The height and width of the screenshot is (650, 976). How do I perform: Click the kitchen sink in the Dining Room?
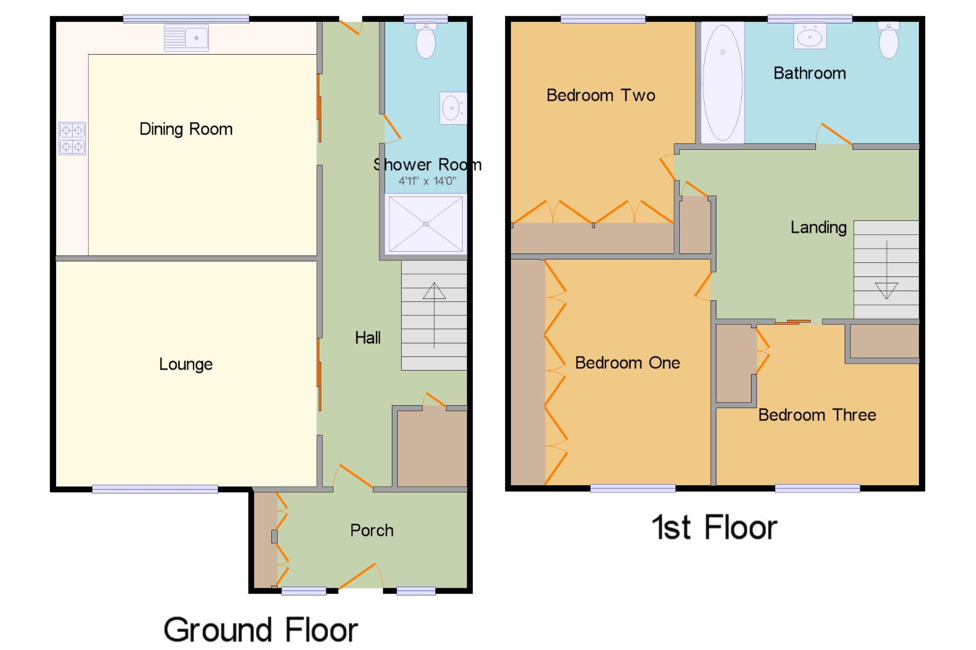186,38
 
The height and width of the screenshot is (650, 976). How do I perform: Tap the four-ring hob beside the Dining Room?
72,138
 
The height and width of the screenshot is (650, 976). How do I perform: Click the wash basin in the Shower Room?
453,108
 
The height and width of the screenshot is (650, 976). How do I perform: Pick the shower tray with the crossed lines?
426,224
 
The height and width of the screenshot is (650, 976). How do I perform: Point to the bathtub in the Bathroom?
723,82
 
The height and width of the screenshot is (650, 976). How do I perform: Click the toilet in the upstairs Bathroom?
889,40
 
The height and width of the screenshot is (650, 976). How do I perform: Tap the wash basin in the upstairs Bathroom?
810,36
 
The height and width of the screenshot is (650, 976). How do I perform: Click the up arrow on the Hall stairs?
434,315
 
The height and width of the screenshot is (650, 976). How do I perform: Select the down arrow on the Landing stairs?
887,270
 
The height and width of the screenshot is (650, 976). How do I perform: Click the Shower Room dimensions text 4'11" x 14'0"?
427,181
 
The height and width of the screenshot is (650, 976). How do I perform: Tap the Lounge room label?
186,364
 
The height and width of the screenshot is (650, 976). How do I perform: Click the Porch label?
372,530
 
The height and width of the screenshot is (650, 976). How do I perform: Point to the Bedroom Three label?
817,415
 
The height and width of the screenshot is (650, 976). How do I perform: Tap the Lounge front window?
155,489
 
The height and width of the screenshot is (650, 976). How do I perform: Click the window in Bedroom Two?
603,19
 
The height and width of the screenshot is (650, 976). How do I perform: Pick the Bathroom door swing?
834,134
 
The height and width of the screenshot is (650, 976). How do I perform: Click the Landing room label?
819,227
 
